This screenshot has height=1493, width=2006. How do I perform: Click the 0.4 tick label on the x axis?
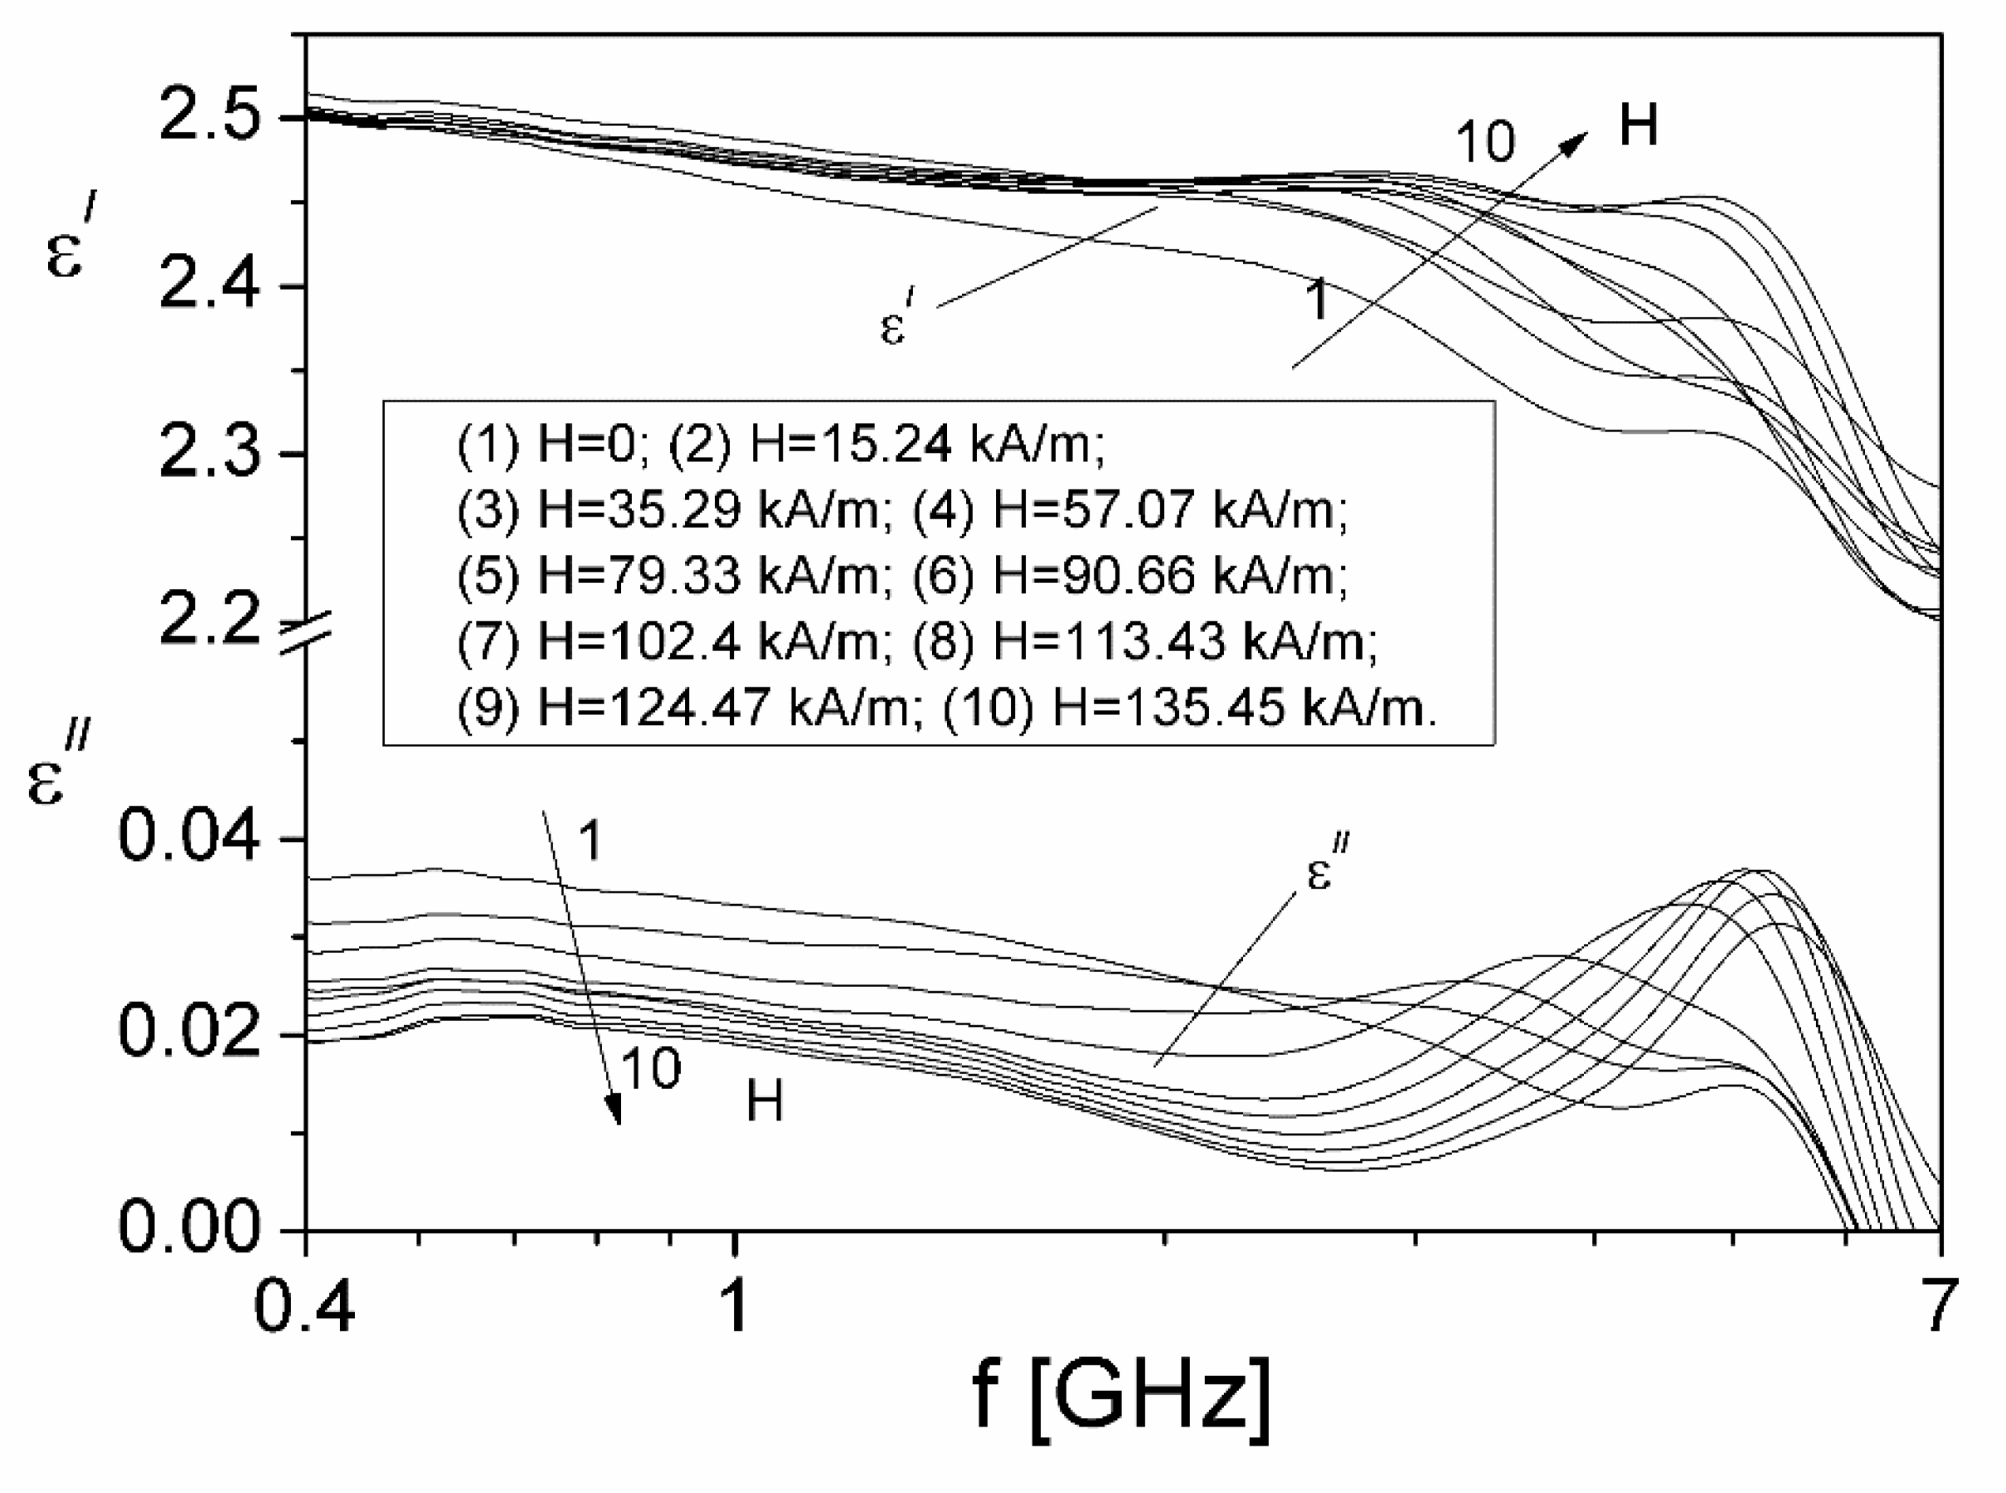click(x=304, y=1307)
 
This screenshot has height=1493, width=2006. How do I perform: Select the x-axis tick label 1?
click(x=736, y=1307)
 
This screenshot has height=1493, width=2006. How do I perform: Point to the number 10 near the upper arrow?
click(x=1484, y=143)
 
